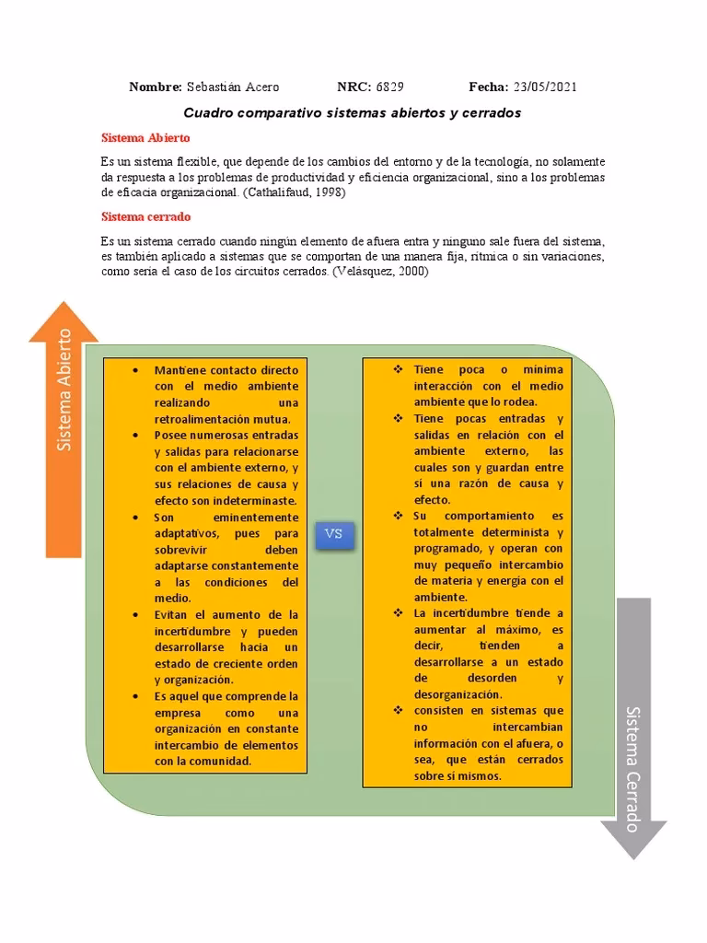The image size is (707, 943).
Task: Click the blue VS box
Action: point(334,534)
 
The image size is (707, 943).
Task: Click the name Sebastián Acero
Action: point(233,87)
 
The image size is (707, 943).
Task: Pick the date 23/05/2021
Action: point(545,87)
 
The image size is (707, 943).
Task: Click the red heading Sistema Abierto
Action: point(145,137)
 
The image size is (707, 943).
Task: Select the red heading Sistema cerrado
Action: point(145,217)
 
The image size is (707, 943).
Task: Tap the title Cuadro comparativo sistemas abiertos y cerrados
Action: point(353,112)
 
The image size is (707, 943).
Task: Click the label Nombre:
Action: point(156,87)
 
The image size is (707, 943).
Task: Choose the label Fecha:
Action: point(488,87)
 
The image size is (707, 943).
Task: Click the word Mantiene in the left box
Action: point(180,369)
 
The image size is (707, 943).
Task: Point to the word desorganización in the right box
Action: point(458,694)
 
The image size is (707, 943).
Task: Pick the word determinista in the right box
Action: point(510,532)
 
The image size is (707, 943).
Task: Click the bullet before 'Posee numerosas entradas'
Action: point(135,435)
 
